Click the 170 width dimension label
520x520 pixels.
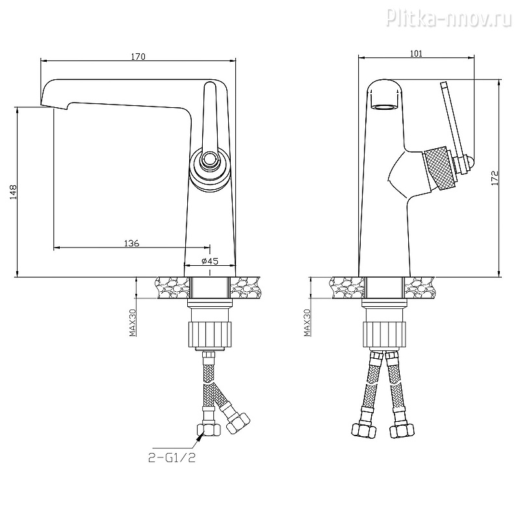pyautogui.click(x=138, y=57)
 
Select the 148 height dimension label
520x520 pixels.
pyautogui.click(x=13, y=192)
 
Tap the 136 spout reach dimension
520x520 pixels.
pyautogui.click(x=132, y=243)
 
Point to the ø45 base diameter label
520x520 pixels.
pyautogui.click(x=210, y=261)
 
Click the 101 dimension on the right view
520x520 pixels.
pyautogui.click(x=416, y=53)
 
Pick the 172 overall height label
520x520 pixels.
pyautogui.click(x=495, y=178)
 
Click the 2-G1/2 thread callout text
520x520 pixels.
pyautogui.click(x=172, y=458)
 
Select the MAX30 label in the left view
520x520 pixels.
pyautogui.click(x=133, y=322)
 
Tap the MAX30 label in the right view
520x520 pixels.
pyautogui.click(x=307, y=322)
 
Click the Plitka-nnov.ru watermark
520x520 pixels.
pyautogui.click(x=449, y=18)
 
